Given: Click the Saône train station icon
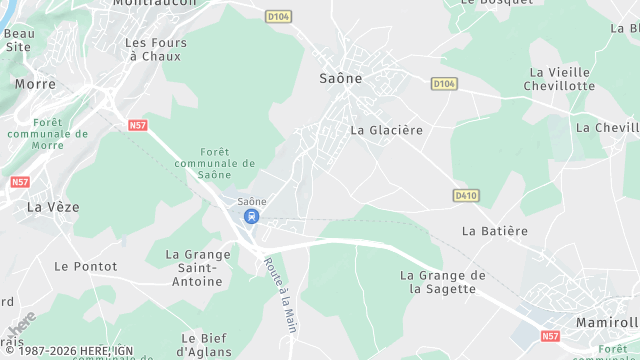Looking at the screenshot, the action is [251, 215].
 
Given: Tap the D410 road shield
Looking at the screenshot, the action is [465, 195].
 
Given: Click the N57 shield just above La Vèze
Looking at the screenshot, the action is [19, 183].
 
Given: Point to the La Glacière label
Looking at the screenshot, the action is [387, 130].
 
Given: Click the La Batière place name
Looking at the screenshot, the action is [494, 231].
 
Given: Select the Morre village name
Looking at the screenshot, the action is [35, 84].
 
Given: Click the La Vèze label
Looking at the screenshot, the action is [52, 207].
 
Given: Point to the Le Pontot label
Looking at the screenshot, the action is [85, 267].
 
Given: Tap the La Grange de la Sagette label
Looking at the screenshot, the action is [443, 282].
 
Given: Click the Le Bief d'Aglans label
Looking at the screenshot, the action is [206, 345].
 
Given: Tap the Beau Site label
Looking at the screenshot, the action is [19, 40].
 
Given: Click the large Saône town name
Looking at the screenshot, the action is [340, 77].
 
